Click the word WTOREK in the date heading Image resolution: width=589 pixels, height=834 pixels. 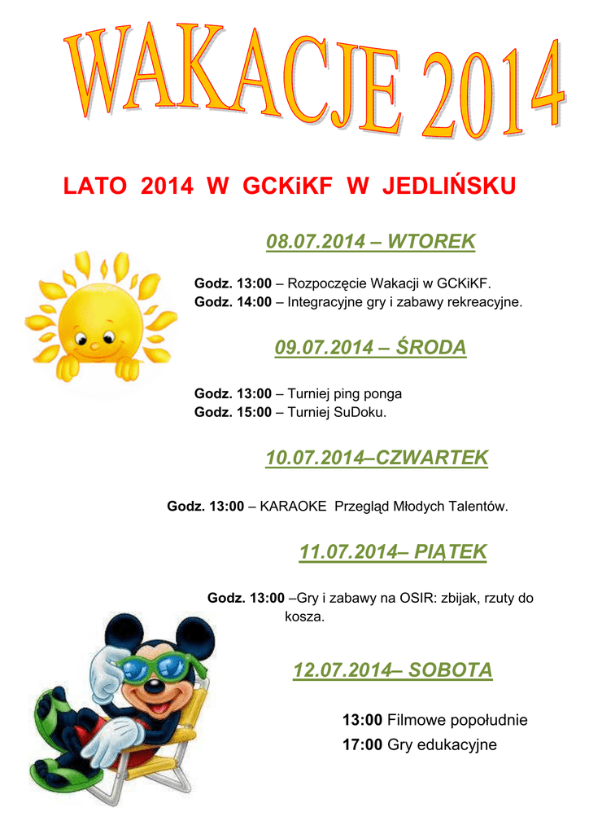coord(431,241)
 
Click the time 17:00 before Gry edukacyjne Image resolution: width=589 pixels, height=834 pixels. coord(362,744)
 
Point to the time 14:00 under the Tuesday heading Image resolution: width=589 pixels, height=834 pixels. coord(253,302)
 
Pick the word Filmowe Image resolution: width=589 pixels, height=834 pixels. coord(412,720)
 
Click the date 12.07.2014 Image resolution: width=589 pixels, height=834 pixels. coord(341,670)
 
